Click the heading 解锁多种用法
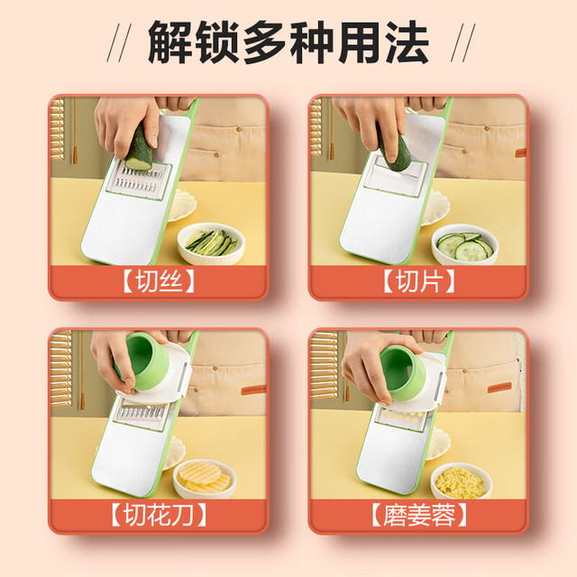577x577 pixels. tap(288, 43)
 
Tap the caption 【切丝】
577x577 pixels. tap(159, 281)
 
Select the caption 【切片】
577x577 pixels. tap(418, 281)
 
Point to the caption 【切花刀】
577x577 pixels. tap(159, 515)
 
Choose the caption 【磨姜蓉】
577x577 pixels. tap(418, 515)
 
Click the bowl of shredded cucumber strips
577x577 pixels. tap(211, 243)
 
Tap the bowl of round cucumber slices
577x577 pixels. tap(465, 244)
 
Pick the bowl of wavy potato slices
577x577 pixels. tap(205, 478)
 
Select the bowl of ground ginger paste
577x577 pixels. tap(462, 480)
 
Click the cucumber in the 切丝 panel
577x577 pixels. tap(140, 148)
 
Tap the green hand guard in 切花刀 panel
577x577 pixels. tap(146, 361)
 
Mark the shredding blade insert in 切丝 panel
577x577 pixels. tap(138, 180)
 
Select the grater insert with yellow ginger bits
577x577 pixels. tap(401, 417)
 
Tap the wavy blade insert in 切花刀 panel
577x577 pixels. tap(141, 416)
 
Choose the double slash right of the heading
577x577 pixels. tap(463, 42)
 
